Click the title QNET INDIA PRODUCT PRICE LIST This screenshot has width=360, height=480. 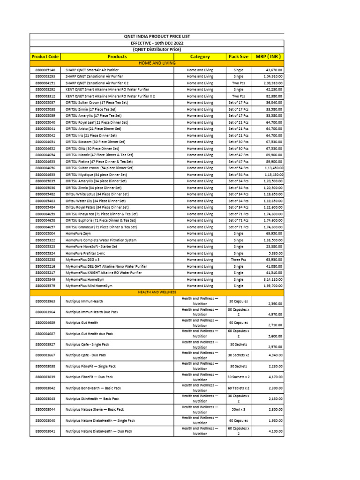tap(157, 36)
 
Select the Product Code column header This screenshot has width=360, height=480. tap(45, 57)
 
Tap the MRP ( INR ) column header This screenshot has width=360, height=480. tap(268, 57)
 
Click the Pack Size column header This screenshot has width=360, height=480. tap(238, 57)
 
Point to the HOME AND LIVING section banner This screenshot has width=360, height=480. tap(157, 63)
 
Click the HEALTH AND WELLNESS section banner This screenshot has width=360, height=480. tap(157, 292)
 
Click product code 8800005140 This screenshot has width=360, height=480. tap(45, 70)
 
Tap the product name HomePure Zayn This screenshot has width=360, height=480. tap(77, 233)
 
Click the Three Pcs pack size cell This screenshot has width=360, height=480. tap(238, 260)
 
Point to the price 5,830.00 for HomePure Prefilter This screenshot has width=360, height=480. tap(275, 253)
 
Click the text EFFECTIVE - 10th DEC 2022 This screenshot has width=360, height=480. tap(157, 43)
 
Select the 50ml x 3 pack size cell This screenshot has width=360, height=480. tap(238, 409)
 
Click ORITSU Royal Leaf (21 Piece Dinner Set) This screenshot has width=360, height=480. tap(97, 122)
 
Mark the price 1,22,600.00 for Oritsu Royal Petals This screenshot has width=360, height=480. tap(272, 207)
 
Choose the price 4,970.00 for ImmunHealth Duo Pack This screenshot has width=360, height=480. tap(275, 315)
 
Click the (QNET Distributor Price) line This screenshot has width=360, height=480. tap(157, 49)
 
